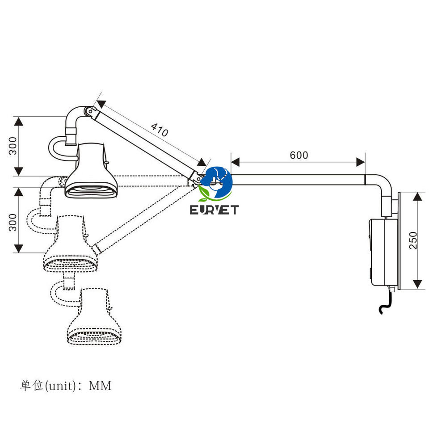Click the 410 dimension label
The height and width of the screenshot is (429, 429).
pyautogui.click(x=160, y=130)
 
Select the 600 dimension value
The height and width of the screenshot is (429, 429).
pyautogui.click(x=299, y=155)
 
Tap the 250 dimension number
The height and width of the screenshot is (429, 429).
pyautogui.click(x=413, y=240)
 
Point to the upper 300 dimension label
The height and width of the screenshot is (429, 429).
pyautogui.click(x=13, y=146)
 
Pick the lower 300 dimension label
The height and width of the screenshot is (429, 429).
pyautogui.click(x=13, y=223)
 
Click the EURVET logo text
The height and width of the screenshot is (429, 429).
pyautogui.click(x=214, y=210)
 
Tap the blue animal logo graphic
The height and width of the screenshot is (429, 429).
pyautogui.click(x=216, y=182)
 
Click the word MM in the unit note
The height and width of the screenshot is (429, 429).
pyautogui.click(x=100, y=386)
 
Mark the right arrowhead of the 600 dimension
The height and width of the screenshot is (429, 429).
pyautogui.click(x=361, y=162)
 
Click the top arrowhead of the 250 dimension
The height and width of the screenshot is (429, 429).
pyautogui.click(x=417, y=197)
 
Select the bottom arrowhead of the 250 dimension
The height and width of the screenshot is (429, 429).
pyautogui.click(x=417, y=284)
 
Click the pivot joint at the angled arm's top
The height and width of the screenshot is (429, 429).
pyautogui.click(x=90, y=112)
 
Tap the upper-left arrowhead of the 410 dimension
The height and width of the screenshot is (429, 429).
pyautogui.click(x=101, y=104)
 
